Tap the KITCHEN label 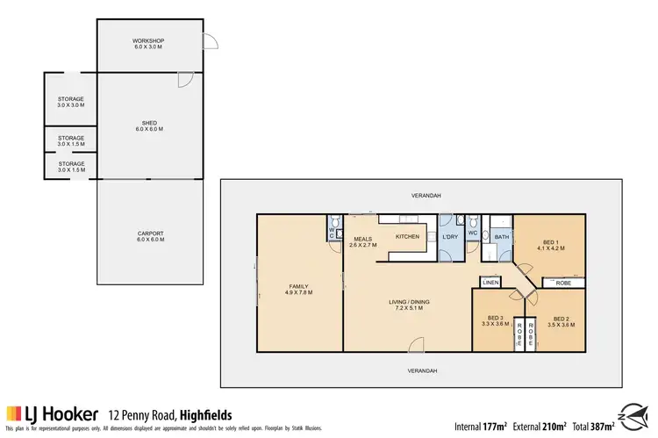[x=408, y=236]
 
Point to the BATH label [x=502, y=236]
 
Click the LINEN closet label [x=490, y=282]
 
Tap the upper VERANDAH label [x=422, y=195]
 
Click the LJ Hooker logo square [x=14, y=413]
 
